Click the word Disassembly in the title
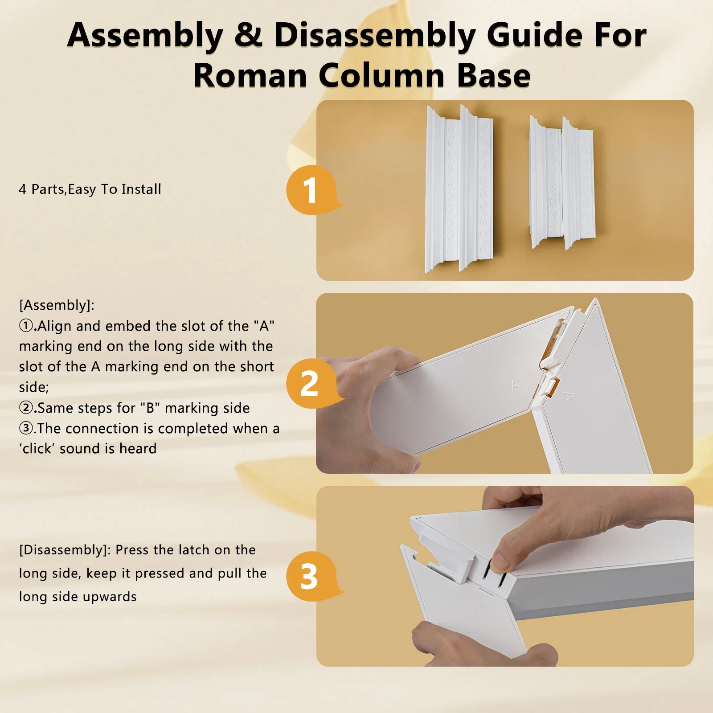pyautogui.click(x=374, y=36)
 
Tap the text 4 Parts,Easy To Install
pyautogui.click(x=90, y=189)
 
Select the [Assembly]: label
pyautogui.click(x=57, y=305)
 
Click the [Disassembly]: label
pyautogui.click(x=65, y=550)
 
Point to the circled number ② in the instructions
pyautogui.click(x=26, y=408)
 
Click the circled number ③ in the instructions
pyautogui.click(x=26, y=428)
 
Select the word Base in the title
pyautogui.click(x=493, y=75)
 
